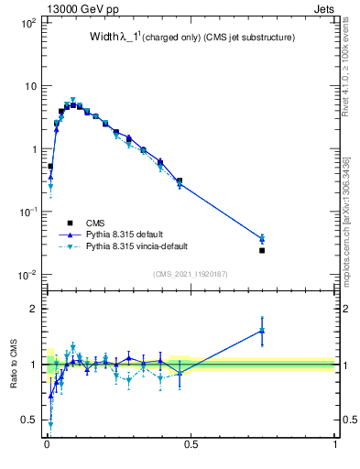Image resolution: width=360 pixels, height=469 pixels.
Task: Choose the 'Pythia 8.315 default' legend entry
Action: [127, 234]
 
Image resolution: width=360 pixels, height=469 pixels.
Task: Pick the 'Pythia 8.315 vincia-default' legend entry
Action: [141, 246]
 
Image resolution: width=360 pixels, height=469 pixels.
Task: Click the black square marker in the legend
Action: [69, 223]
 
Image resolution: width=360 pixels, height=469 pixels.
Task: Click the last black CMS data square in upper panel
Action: [262, 250]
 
